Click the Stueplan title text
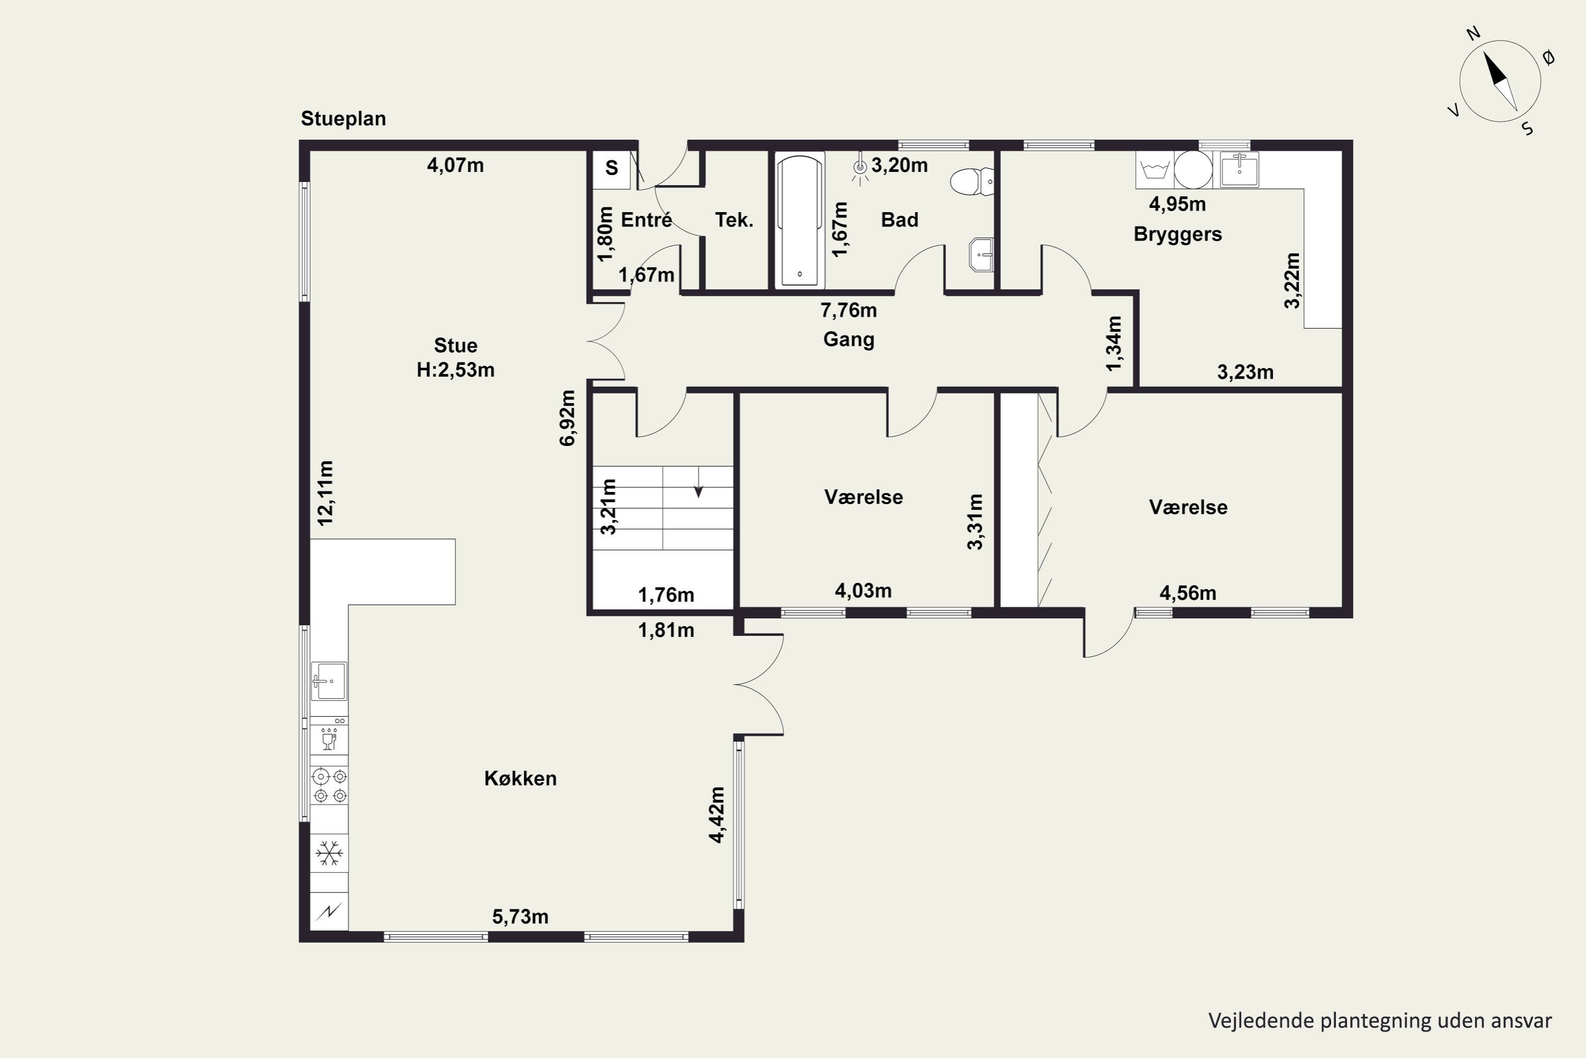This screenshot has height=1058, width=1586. pos(343,118)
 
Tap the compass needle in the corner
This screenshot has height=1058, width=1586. pos(1500,81)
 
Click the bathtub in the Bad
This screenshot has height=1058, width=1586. pos(800,220)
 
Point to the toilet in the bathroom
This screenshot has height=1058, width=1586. pos(972,181)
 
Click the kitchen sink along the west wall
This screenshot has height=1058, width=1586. pos(329,681)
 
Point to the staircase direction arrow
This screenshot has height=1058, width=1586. pos(698,482)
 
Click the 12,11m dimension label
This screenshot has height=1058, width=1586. pos(325,492)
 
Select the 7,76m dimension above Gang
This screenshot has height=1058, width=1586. pos(849,311)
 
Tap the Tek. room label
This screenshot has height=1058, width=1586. pos(734,220)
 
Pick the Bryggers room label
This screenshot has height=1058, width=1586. pos(1177,234)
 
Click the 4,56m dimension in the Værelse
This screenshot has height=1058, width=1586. pos(1187,593)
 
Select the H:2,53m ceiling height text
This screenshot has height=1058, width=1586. pos(455,370)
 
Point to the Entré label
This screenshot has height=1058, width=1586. pos(646,220)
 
